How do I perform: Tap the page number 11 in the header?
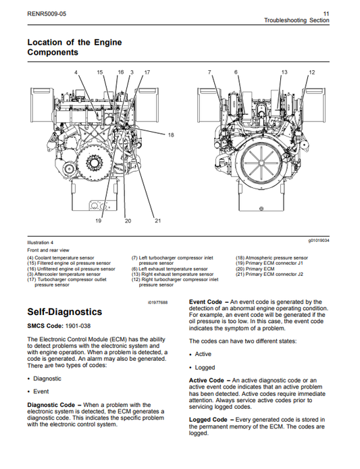point(326,13)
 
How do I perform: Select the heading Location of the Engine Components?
point(74,47)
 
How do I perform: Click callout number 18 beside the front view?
point(170,136)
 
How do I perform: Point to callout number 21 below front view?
point(157,221)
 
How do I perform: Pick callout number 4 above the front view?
point(76,72)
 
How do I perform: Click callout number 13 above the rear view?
point(284,72)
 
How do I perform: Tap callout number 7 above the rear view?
point(209,72)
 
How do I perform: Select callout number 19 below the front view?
point(98,221)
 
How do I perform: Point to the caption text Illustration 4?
point(40,242)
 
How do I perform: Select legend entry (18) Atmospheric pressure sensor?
point(272,257)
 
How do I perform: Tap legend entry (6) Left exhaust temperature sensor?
point(170,268)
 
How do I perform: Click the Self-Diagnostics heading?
point(64,312)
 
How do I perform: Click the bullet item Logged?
point(205,368)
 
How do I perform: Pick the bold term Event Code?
point(205,302)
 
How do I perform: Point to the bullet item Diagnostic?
point(47,378)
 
